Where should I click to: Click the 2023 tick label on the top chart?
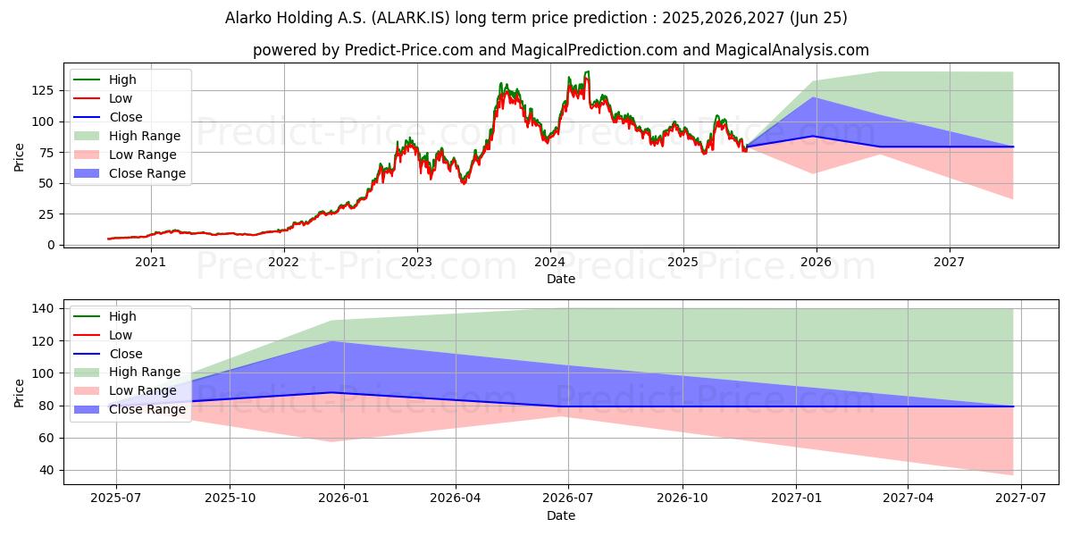click(x=417, y=263)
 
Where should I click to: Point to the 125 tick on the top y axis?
click(x=43, y=91)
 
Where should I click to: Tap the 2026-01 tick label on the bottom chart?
click(x=344, y=498)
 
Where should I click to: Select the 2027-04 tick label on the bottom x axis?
click(x=908, y=498)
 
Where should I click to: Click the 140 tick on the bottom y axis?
click(x=43, y=309)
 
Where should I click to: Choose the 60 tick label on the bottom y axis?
click(x=46, y=438)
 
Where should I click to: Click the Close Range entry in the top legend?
click(x=130, y=173)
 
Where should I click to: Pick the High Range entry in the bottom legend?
click(x=127, y=372)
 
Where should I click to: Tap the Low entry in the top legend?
click(x=103, y=98)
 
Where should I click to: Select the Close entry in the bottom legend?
click(x=108, y=354)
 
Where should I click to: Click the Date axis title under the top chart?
click(x=561, y=279)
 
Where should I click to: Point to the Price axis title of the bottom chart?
click(x=19, y=393)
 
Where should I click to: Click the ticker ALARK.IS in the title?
click(x=411, y=18)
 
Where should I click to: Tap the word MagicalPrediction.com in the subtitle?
click(x=594, y=50)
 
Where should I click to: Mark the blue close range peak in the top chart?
click(x=814, y=97)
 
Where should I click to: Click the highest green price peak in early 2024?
click(x=587, y=71)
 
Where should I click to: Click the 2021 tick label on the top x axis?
click(x=151, y=263)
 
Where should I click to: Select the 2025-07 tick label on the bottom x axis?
click(x=116, y=498)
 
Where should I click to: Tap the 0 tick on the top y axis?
click(x=51, y=245)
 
